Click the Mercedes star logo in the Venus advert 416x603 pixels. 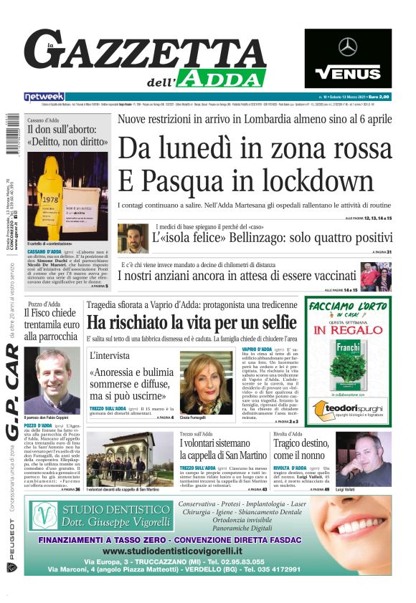(348, 48)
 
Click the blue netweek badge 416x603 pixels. (44, 97)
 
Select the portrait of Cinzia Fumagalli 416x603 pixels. (206, 383)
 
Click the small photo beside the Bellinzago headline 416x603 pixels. (133, 238)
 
